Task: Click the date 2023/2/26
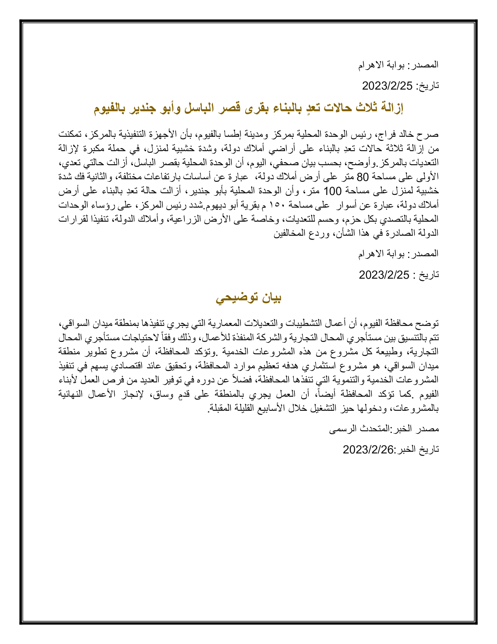[368, 450]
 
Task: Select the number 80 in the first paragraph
[363, 177]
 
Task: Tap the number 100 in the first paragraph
[332, 191]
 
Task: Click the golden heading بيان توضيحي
[248, 298]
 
